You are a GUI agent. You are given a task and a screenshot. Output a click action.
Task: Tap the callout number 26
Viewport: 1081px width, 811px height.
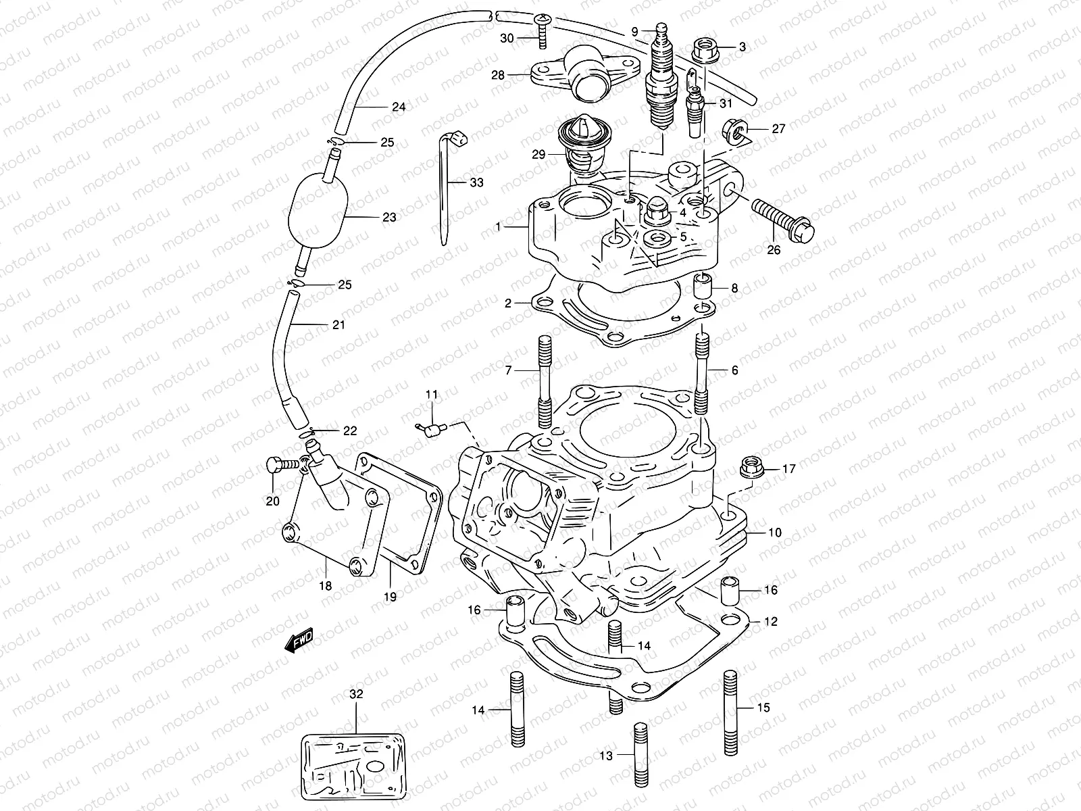(x=774, y=250)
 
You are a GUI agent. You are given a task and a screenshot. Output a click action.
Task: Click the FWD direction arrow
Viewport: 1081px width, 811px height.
(x=299, y=639)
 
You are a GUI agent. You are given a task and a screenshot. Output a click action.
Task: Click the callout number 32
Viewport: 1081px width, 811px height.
(x=355, y=693)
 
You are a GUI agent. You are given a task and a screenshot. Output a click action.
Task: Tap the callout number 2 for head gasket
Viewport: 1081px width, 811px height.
(x=508, y=304)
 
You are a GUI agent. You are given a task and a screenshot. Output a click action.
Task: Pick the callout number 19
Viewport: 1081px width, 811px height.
(x=390, y=597)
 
